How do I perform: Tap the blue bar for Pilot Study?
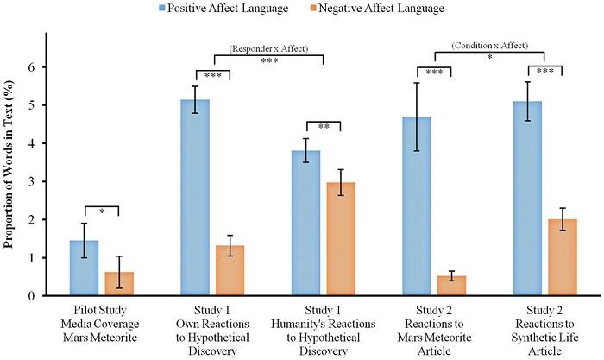pyautogui.click(x=85, y=268)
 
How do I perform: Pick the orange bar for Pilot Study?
pyautogui.click(x=119, y=283)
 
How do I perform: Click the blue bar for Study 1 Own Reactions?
pyautogui.click(x=195, y=198)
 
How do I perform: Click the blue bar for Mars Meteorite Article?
pyautogui.click(x=417, y=206)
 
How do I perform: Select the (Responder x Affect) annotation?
pyautogui.click(x=259, y=50)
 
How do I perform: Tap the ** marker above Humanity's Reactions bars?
pyautogui.click(x=323, y=127)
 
